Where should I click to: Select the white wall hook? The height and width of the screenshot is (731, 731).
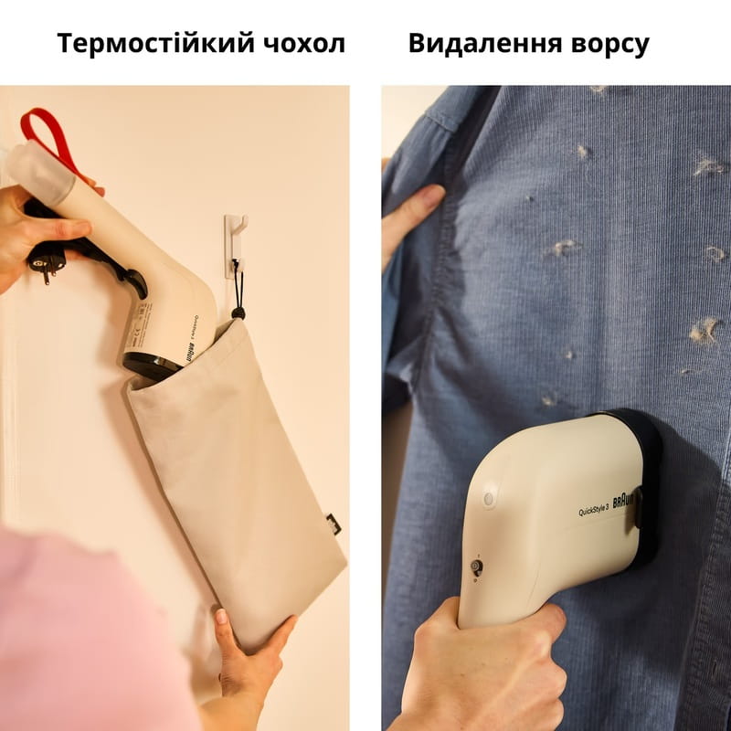(x=235, y=242)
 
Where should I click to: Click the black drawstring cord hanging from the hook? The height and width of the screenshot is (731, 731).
(x=237, y=292)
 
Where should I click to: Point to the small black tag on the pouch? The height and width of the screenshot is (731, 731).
(x=333, y=524)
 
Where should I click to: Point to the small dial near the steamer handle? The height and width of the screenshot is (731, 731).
(x=476, y=567)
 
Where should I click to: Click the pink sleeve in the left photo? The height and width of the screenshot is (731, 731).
(x=82, y=630)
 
